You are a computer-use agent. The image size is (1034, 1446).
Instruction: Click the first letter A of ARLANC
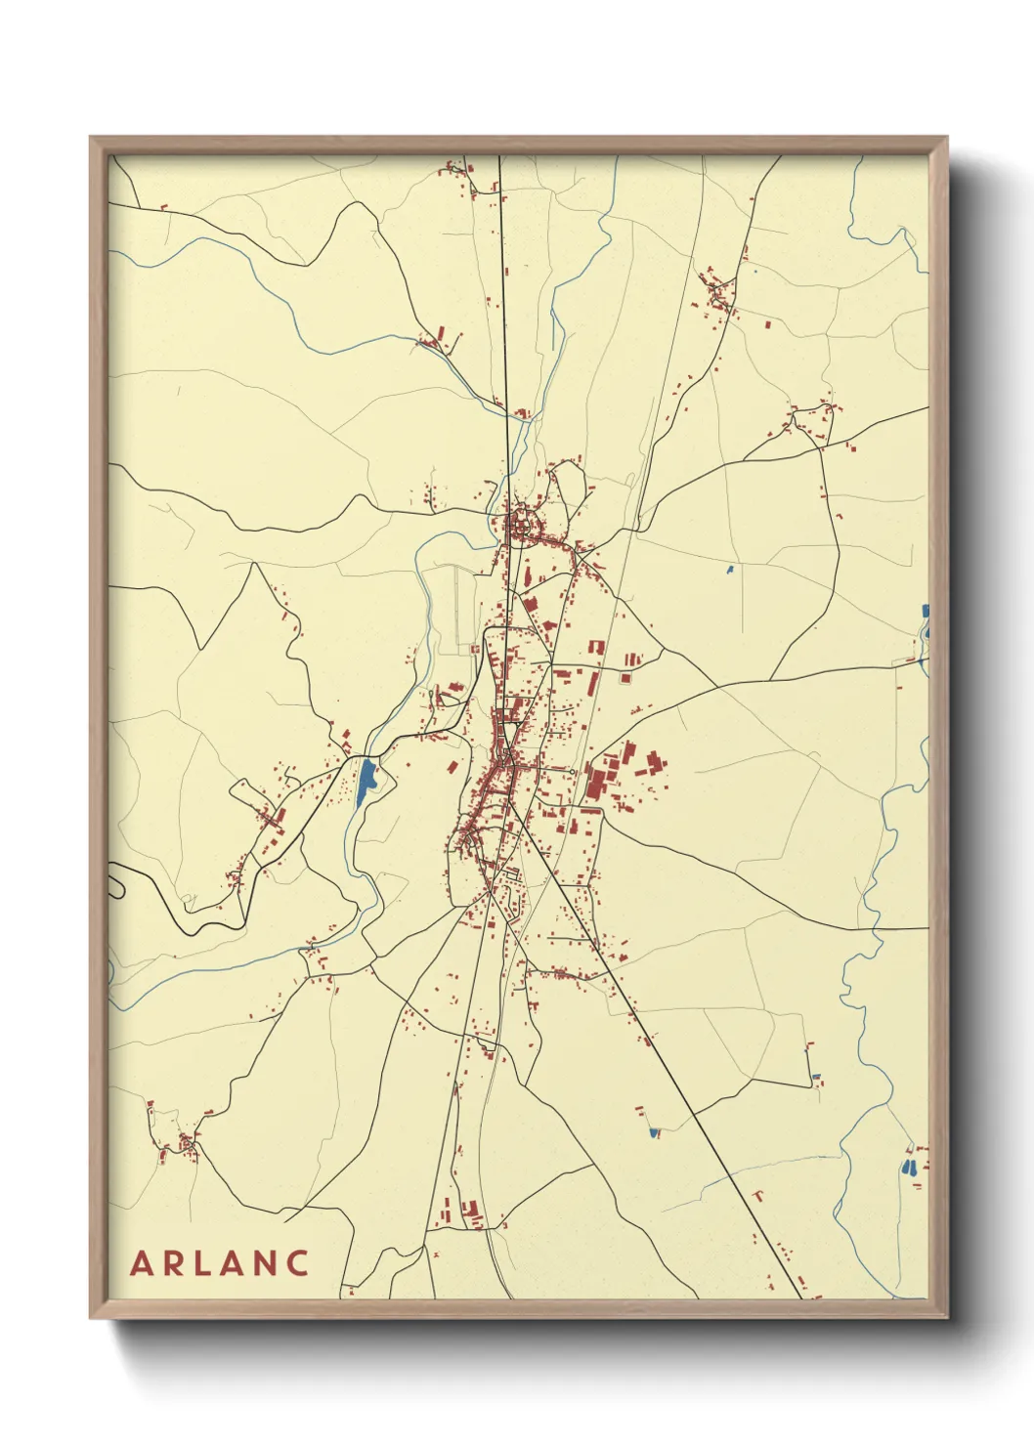click(x=143, y=1263)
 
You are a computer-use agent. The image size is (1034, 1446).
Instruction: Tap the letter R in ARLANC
click(x=175, y=1263)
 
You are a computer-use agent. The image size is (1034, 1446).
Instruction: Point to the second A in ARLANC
click(x=235, y=1263)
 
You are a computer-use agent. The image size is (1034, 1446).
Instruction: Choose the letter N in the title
click(x=267, y=1263)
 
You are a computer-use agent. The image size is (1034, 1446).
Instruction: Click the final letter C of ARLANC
click(x=299, y=1263)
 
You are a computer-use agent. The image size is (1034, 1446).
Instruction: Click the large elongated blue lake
click(x=366, y=781)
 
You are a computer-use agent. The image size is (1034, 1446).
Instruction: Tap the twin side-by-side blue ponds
click(x=910, y=1167)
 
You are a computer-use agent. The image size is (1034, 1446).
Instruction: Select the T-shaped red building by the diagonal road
click(x=757, y=1195)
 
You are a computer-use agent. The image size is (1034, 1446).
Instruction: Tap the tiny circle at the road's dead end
click(x=572, y=771)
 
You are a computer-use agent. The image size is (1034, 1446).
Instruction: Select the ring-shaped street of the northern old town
click(x=522, y=525)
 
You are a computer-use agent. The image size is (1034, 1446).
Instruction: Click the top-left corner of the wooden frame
click(x=91, y=138)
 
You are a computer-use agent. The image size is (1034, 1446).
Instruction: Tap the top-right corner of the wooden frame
click(x=946, y=138)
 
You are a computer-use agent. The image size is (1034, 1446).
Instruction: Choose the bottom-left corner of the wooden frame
click(x=91, y=1317)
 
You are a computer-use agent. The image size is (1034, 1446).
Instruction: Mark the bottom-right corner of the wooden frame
click(x=946, y=1317)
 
